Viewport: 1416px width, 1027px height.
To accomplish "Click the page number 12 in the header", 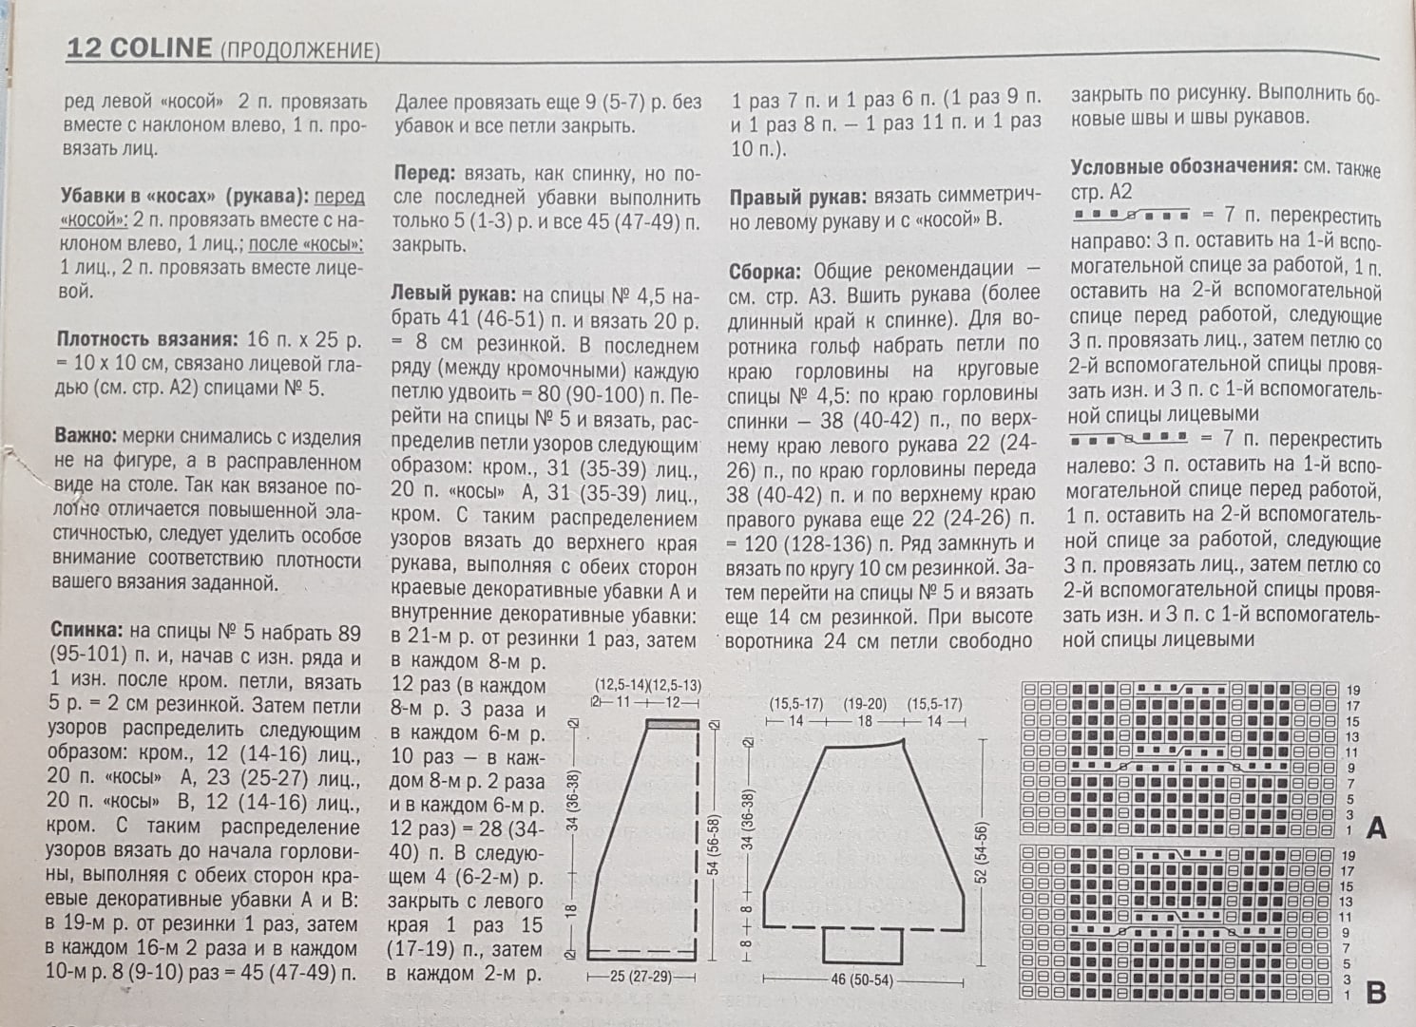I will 83,48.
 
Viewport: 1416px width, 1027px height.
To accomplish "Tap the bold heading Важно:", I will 86,438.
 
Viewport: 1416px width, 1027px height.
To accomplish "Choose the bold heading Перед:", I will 425,174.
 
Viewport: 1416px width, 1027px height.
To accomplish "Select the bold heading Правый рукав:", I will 797,197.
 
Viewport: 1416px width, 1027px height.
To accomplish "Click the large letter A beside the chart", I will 1375,828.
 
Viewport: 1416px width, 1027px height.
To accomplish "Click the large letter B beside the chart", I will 1375,993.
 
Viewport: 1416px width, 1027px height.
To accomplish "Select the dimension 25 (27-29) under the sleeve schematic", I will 641,977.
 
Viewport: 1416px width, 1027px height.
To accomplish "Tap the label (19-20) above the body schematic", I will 864,705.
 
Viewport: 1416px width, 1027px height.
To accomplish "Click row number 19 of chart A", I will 1353,691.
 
